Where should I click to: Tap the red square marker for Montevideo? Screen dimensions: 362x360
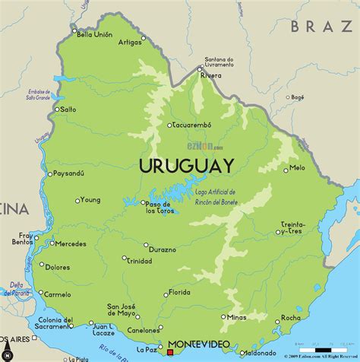click(x=172, y=352)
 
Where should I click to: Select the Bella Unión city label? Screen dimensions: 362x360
click(x=93, y=33)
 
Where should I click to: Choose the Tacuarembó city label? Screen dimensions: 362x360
click(x=194, y=124)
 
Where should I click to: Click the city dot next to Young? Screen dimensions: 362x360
click(x=77, y=201)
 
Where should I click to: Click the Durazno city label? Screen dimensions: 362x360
click(x=163, y=249)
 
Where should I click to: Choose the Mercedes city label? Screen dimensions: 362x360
click(x=70, y=244)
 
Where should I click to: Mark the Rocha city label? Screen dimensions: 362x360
click(x=290, y=318)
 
